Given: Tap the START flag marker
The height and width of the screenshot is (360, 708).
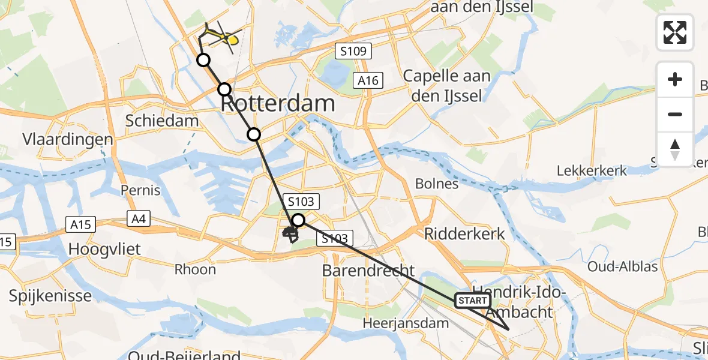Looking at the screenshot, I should tap(473, 300).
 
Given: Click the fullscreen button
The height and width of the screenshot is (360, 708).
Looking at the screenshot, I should tap(675, 32).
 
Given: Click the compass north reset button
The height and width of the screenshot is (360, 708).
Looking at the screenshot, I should tap(675, 149).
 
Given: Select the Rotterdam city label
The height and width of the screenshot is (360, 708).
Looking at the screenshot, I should tap(278, 103).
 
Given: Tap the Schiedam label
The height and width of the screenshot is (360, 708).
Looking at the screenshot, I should tap(161, 121).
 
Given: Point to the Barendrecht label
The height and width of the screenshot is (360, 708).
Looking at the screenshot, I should tap(368, 270).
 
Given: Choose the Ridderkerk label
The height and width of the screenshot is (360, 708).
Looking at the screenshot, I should tap(465, 233).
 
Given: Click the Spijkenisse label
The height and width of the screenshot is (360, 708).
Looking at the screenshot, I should tap(50, 295).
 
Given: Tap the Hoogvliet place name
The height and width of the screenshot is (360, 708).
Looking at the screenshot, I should tap(105, 248).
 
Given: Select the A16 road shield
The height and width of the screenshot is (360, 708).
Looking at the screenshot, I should tap(368, 80).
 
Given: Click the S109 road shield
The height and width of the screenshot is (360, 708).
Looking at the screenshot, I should tap(353, 51).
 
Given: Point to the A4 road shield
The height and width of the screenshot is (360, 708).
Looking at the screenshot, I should tap(139, 219).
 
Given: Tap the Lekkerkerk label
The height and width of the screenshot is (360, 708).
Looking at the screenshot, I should tap(592, 170).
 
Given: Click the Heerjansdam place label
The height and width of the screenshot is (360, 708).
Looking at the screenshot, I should tap(406, 323).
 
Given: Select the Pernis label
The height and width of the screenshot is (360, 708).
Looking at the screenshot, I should tap(140, 190).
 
